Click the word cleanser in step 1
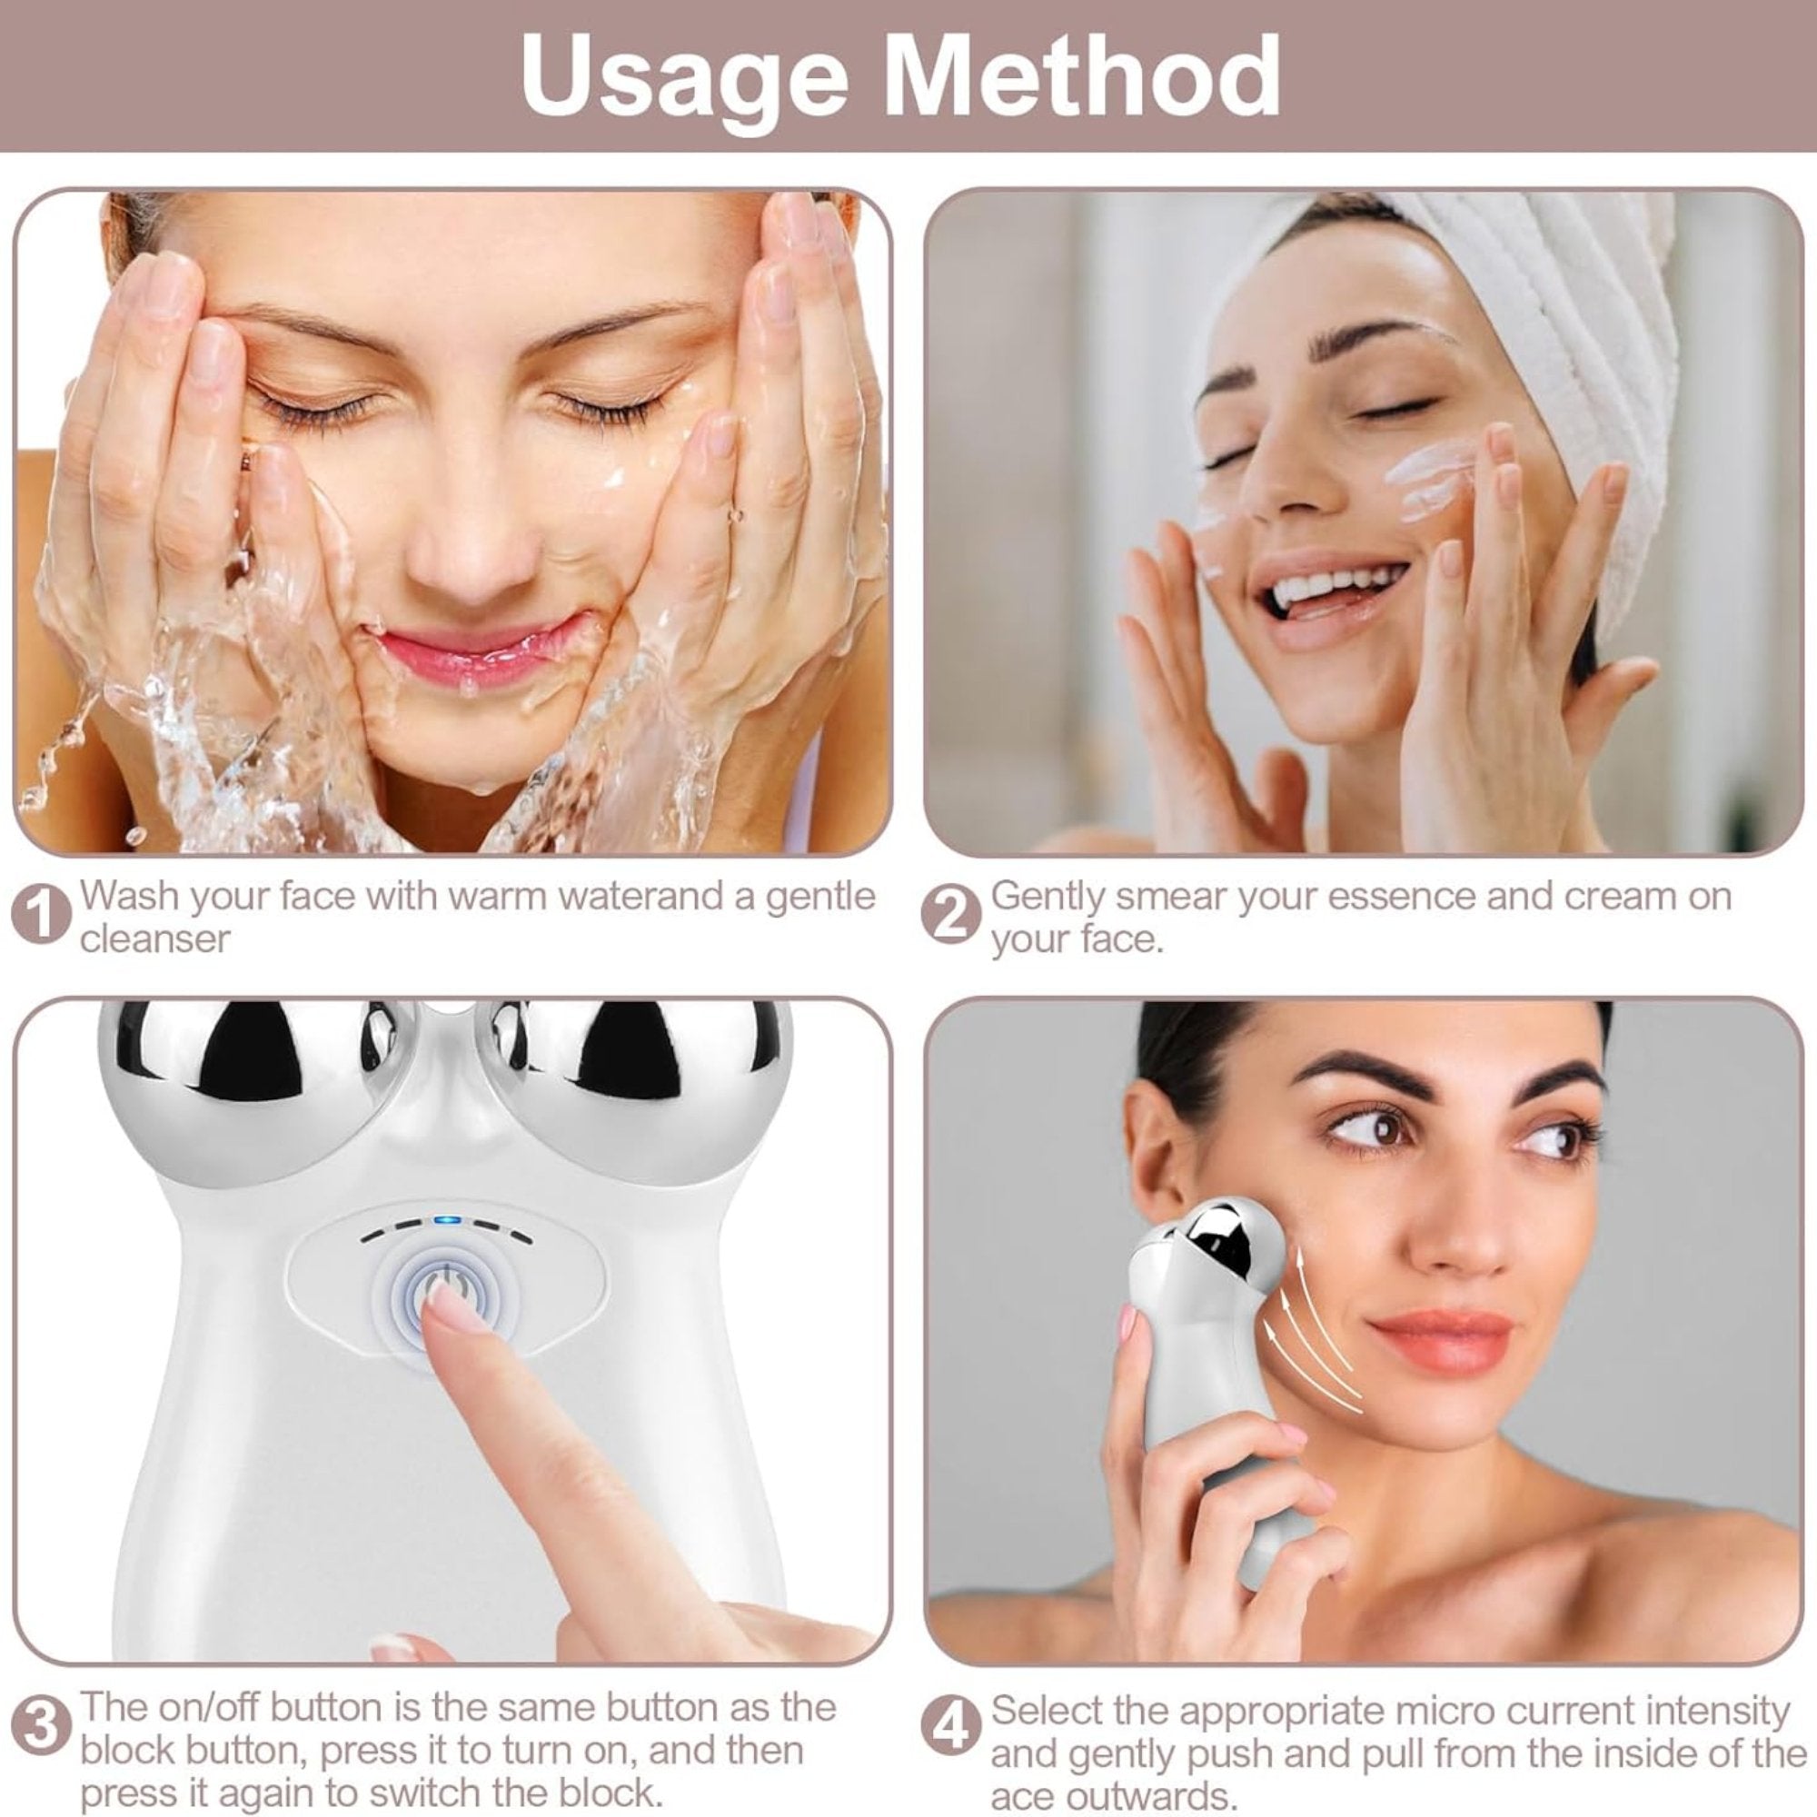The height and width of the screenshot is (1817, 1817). coord(155,938)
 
